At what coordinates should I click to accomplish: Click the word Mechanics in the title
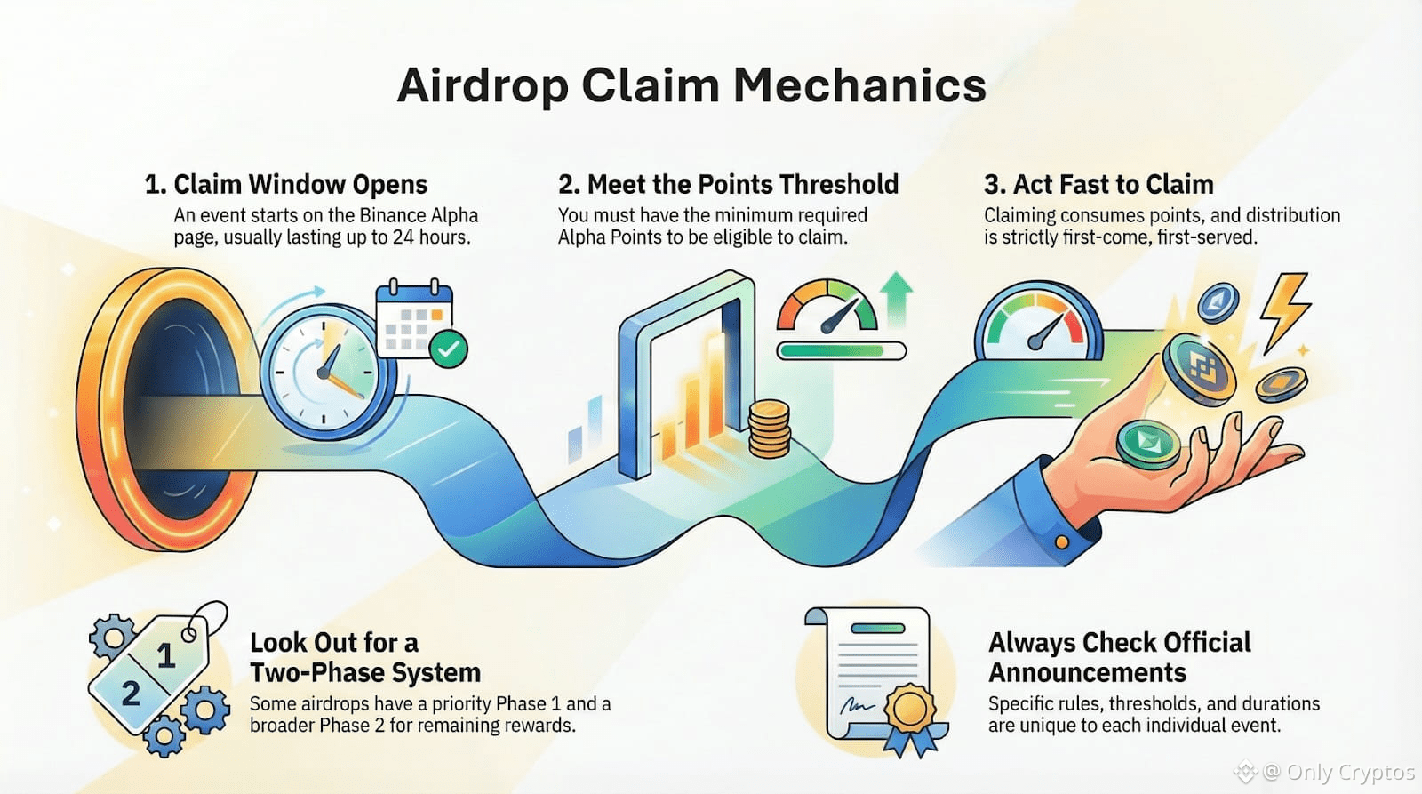[859, 85]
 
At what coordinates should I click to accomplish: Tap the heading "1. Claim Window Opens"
[285, 185]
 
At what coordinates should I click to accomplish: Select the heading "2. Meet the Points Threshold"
[728, 185]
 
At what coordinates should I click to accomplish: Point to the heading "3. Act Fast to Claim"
[1098, 185]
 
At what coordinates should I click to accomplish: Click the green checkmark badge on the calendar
[448, 349]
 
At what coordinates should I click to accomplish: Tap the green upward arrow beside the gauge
[897, 299]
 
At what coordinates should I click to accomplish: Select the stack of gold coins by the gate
[770, 429]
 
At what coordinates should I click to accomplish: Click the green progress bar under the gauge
[841, 350]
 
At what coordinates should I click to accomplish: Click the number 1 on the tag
[166, 655]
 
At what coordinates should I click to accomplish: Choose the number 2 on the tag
[130, 694]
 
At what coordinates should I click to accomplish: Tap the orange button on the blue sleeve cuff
[1061, 541]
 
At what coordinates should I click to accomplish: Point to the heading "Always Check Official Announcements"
[1120, 657]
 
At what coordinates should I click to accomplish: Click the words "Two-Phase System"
[365, 672]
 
